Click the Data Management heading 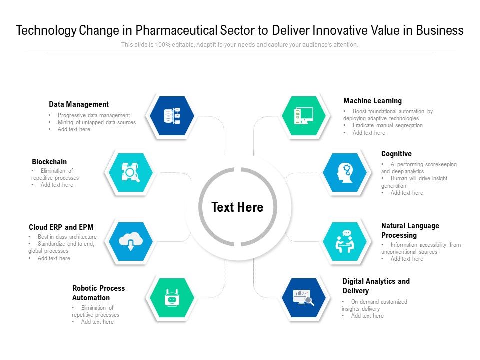click(x=79, y=104)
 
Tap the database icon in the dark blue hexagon click(x=172, y=116)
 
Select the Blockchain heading click(x=49, y=162)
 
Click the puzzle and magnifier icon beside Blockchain click(x=130, y=172)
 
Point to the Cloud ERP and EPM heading click(x=61, y=227)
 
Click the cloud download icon click(x=131, y=241)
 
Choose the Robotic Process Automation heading click(x=98, y=293)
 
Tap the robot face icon click(x=172, y=298)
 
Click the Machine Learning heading click(x=373, y=101)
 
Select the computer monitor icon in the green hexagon click(x=304, y=116)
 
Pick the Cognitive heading click(x=396, y=154)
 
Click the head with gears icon click(x=345, y=173)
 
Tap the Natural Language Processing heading click(x=410, y=231)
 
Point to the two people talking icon click(x=345, y=241)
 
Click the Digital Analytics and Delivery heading click(x=376, y=286)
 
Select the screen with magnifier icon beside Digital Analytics click(x=304, y=297)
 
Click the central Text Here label click(x=237, y=207)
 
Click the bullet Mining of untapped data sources click(x=97, y=122)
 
